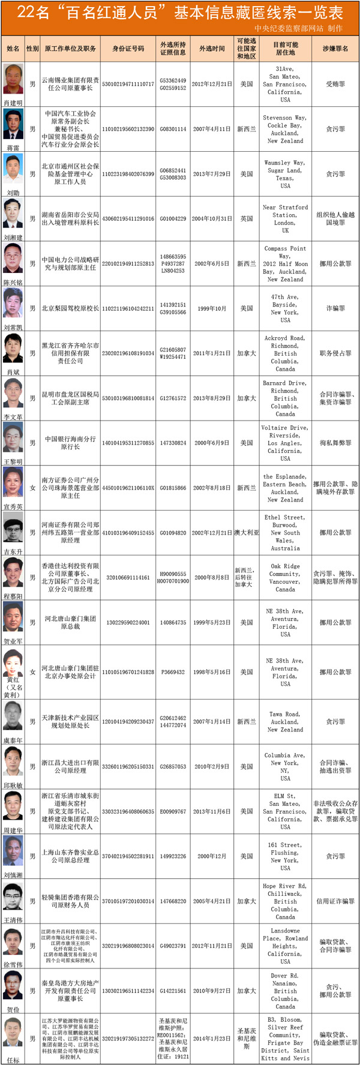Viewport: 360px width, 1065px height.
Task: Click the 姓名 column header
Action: [x=13, y=49]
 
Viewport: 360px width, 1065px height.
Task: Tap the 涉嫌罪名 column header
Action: [x=335, y=49]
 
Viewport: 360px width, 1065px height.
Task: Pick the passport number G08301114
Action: [x=173, y=129]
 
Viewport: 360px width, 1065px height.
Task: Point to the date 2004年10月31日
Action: [x=212, y=219]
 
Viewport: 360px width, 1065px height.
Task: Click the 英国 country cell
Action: [x=247, y=219]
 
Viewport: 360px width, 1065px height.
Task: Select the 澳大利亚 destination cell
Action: [x=247, y=533]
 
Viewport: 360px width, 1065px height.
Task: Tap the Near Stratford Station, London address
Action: [x=285, y=218]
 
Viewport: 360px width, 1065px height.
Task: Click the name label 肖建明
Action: [x=13, y=103]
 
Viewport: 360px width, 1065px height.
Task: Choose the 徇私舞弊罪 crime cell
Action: [x=335, y=443]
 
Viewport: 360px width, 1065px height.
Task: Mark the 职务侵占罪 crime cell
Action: [x=335, y=353]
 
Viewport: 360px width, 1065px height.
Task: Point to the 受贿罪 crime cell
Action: [x=335, y=85]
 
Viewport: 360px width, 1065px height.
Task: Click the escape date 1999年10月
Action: [x=212, y=308]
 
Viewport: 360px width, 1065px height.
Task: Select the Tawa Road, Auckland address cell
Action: [x=285, y=722]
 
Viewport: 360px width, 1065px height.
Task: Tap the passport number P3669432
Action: [x=173, y=672]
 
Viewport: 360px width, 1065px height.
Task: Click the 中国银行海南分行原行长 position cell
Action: [x=70, y=443]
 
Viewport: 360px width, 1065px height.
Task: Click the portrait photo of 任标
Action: [x=13, y=1035]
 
